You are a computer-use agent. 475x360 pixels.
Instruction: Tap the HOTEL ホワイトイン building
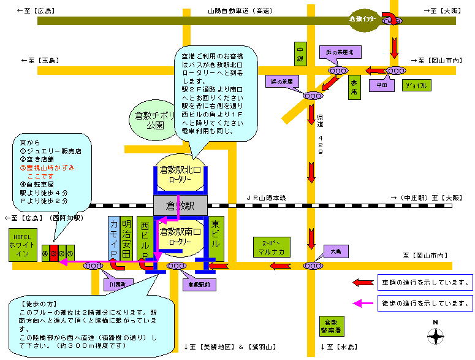click(23, 245)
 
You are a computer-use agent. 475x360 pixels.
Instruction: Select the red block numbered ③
click(53, 252)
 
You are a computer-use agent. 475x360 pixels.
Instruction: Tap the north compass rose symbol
click(436, 336)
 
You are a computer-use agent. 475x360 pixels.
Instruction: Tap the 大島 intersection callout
click(335, 251)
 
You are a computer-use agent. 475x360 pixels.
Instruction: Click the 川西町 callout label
click(115, 285)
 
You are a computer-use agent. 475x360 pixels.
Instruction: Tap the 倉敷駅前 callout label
click(198, 285)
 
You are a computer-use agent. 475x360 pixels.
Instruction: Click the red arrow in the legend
click(363, 283)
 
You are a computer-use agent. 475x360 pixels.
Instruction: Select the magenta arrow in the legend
click(363, 302)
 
